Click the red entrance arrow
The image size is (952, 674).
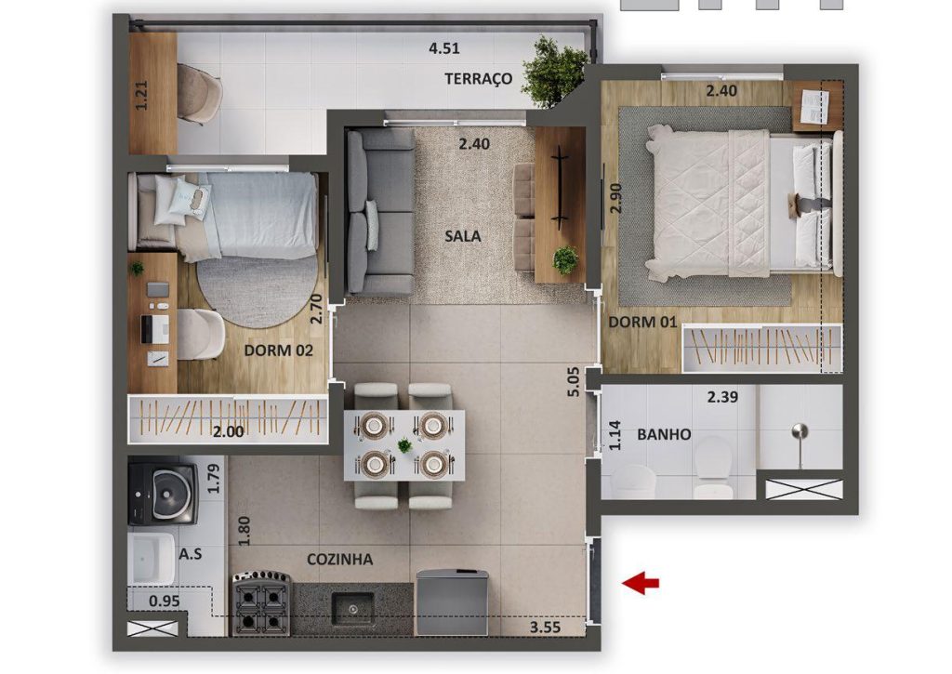pyautogui.click(x=640, y=583)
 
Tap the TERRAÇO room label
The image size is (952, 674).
pyautogui.click(x=479, y=79)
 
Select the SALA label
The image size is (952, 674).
pyautogui.click(x=463, y=235)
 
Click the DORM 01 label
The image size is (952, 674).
pyautogui.click(x=642, y=322)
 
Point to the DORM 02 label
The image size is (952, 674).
pyautogui.click(x=279, y=350)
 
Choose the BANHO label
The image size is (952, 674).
pyautogui.click(x=664, y=434)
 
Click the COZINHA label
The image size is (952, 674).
pyautogui.click(x=339, y=560)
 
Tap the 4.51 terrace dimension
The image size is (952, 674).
pyautogui.click(x=443, y=48)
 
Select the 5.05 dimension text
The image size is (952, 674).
pyautogui.click(x=574, y=382)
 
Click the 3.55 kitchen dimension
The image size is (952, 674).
pyautogui.click(x=545, y=627)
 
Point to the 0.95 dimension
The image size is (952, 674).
pyautogui.click(x=164, y=601)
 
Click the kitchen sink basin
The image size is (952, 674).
pyautogui.click(x=352, y=609)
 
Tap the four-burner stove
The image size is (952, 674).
pyautogui.click(x=261, y=603)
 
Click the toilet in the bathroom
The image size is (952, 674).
pyautogui.click(x=713, y=467)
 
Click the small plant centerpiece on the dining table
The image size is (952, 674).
pyautogui.click(x=404, y=445)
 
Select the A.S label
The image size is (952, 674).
pyautogui.click(x=191, y=554)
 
